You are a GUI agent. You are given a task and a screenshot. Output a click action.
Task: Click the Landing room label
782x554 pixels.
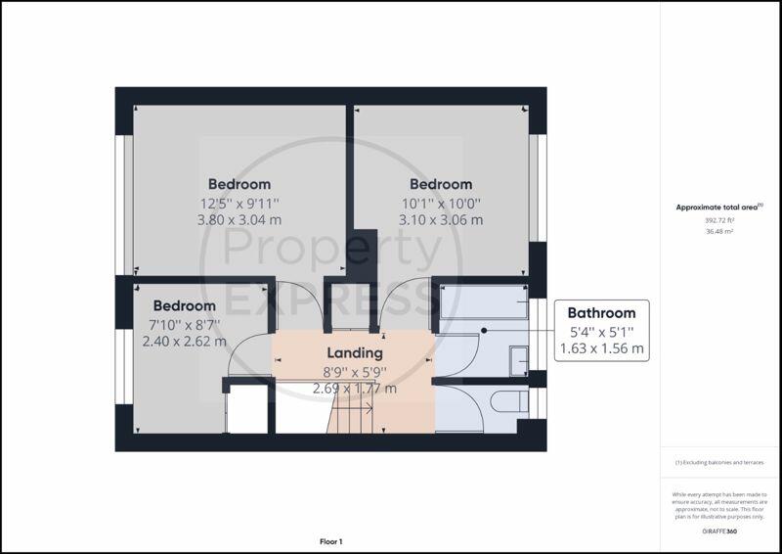pyautogui.click(x=355, y=353)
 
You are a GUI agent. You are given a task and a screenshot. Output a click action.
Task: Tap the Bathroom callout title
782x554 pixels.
pyautogui.click(x=601, y=313)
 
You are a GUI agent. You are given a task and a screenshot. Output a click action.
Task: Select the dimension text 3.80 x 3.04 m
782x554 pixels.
pyautogui.click(x=239, y=220)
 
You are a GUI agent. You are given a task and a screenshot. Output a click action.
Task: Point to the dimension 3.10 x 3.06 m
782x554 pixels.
pyautogui.click(x=441, y=220)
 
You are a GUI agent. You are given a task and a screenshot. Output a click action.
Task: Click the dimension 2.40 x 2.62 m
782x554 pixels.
pyautogui.click(x=185, y=342)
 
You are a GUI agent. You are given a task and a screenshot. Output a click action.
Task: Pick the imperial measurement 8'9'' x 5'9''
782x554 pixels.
pyautogui.click(x=355, y=372)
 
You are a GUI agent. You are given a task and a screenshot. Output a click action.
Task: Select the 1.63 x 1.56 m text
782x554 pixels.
pyautogui.click(x=601, y=348)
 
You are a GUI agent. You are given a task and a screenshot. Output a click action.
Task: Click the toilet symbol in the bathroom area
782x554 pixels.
pyautogui.click(x=509, y=401)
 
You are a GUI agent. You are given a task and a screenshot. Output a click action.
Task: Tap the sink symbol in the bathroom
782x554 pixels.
pyautogui.click(x=519, y=360)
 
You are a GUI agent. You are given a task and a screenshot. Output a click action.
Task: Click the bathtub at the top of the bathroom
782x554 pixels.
pyautogui.click(x=483, y=301)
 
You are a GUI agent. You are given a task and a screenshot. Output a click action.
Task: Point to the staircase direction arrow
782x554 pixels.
pyautogui.click(x=354, y=409)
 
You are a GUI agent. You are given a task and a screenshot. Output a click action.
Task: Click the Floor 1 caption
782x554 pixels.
pyautogui.click(x=331, y=541)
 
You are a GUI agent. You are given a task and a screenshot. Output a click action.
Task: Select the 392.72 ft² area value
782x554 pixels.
pyautogui.click(x=719, y=220)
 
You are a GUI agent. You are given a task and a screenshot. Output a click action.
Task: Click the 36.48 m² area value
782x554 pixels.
pyautogui.click(x=719, y=231)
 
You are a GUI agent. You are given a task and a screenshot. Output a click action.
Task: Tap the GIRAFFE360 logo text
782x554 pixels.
pyautogui.click(x=719, y=531)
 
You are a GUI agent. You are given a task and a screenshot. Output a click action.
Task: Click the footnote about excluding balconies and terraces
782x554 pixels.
pyautogui.click(x=719, y=463)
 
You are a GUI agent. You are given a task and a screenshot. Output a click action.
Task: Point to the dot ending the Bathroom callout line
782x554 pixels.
pyautogui.click(x=484, y=331)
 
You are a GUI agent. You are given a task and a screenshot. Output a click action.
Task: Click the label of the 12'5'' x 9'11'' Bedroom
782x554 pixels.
pyautogui.click(x=239, y=184)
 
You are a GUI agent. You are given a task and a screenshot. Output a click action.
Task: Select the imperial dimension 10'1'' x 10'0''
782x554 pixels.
pyautogui.click(x=441, y=204)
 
